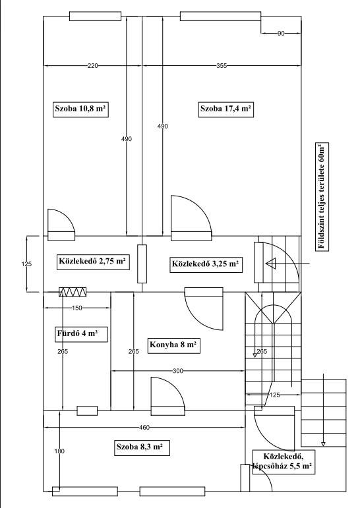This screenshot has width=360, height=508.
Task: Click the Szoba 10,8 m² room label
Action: tap(80, 109)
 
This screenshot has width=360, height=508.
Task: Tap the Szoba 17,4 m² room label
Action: tap(225, 109)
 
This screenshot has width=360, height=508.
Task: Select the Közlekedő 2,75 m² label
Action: tap(93, 262)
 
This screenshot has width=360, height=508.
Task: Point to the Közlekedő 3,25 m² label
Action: tap(206, 264)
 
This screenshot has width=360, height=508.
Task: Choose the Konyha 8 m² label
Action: tap(174, 345)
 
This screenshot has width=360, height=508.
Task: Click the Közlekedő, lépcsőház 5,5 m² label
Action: tap(284, 462)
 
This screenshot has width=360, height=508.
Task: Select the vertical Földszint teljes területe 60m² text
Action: tap(322, 196)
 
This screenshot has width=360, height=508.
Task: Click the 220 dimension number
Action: tap(92, 66)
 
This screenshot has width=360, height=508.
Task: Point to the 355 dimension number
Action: tap(222, 66)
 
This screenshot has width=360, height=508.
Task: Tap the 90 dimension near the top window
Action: tap(281, 34)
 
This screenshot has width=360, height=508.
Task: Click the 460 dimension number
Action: tap(144, 428)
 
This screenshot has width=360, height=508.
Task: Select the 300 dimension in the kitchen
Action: tap(178, 371)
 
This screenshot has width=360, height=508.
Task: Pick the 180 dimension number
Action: tap(59, 451)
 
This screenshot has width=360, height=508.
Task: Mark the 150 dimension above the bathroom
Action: tap(76, 308)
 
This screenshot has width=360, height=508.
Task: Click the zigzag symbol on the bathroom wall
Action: tap(73, 292)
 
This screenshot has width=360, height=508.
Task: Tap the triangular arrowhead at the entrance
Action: tap(270, 264)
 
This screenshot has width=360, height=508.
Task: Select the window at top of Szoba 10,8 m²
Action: tap(96, 16)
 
